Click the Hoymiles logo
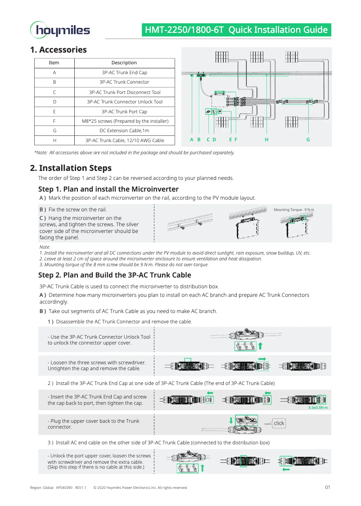pos(60,30)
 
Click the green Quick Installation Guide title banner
pos(236,30)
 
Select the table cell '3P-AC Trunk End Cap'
pos(124,72)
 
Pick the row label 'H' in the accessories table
pos(54,140)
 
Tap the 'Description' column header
pos(124,63)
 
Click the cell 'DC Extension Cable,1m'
pos(124,130)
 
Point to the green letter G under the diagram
pos(308,140)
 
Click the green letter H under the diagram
pos(266,140)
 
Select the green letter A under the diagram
pos(192,140)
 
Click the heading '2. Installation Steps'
pos(71,168)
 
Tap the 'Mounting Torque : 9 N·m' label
pos(294,210)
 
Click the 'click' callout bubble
pos(279,423)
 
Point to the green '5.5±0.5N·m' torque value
pos(318,407)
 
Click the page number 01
pos(328,487)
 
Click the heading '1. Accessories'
pos(59,50)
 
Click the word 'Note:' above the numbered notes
pos(45,247)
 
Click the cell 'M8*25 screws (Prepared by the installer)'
pos(125,121)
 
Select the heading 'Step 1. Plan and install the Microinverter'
pos(108,189)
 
